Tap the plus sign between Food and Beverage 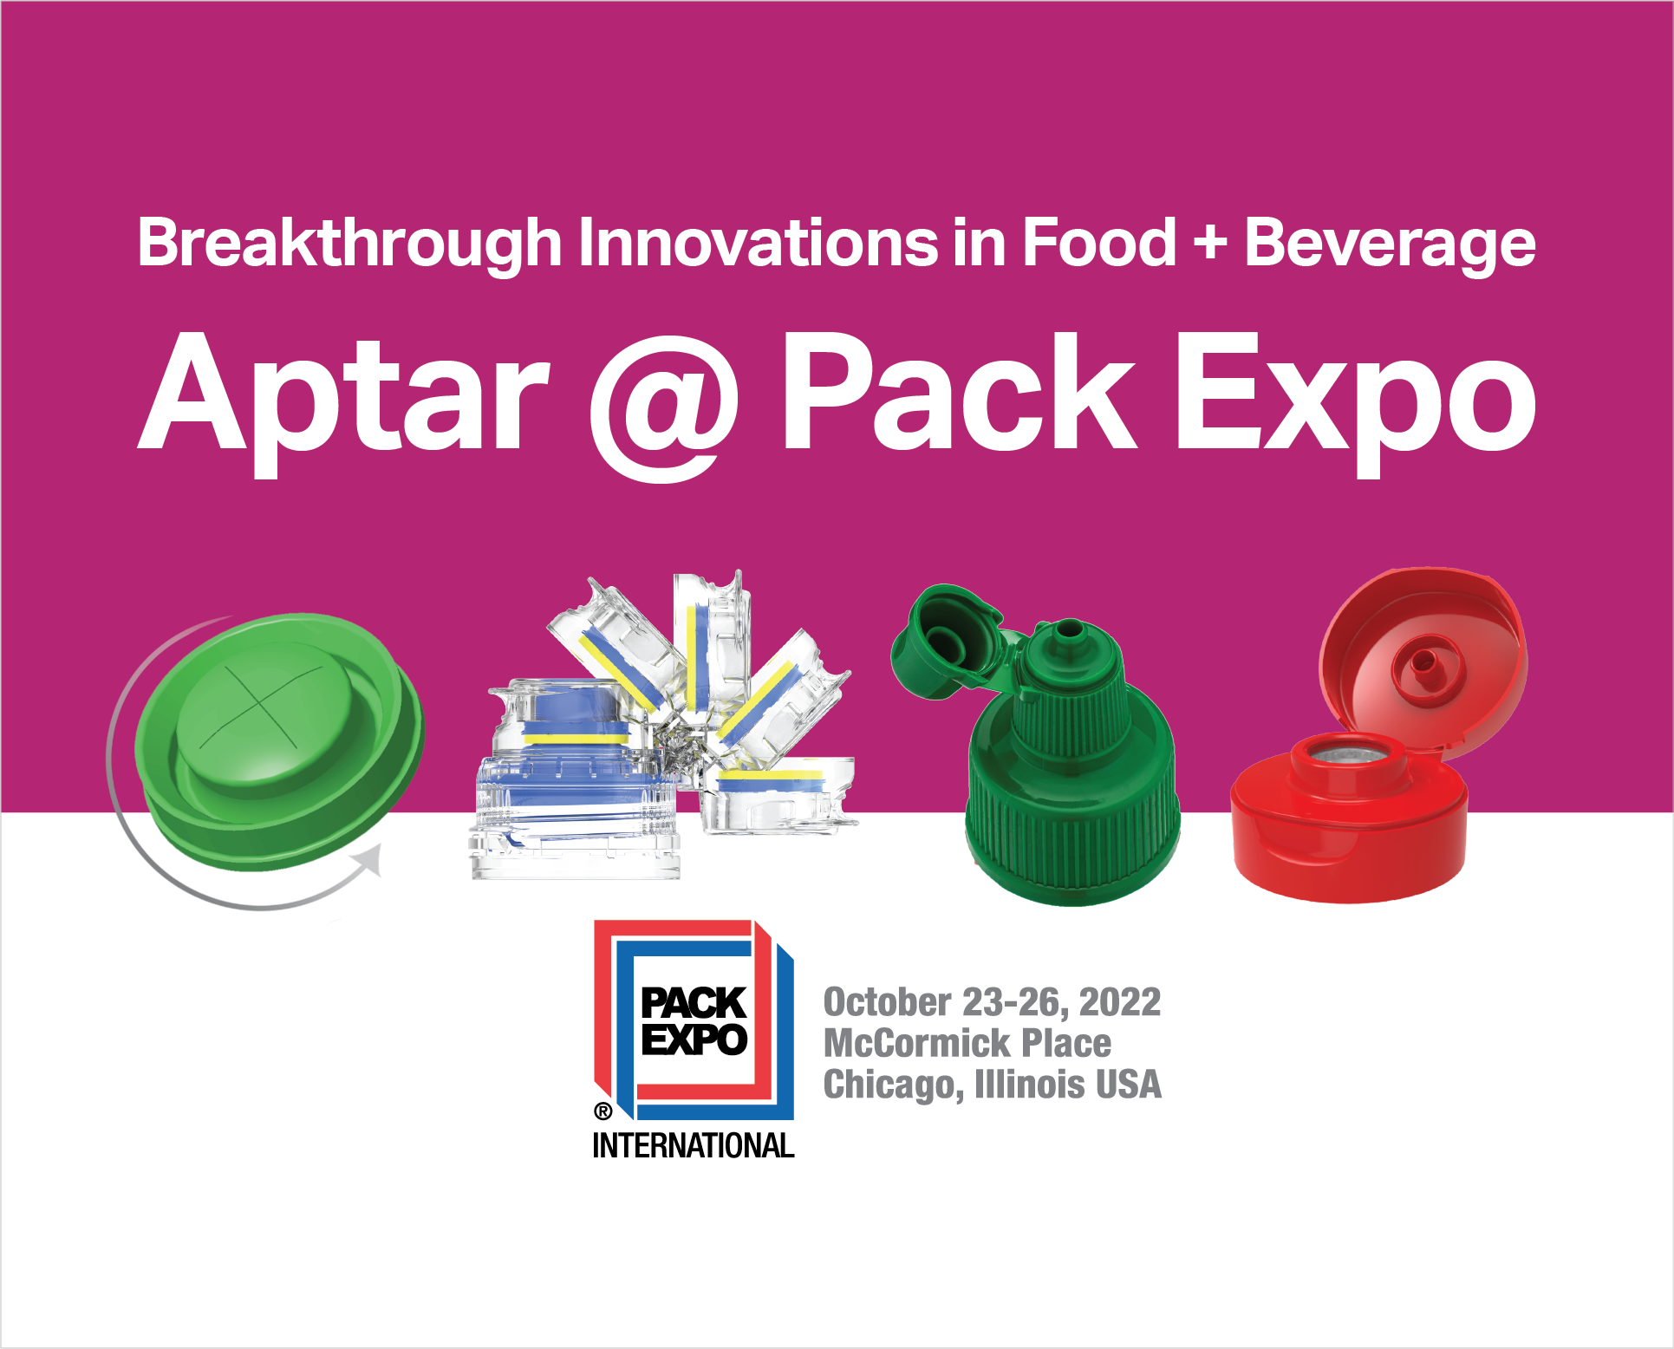tap(1209, 244)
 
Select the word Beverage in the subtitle tap(1390, 244)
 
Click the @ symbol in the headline tap(664, 406)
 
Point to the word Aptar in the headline tap(344, 394)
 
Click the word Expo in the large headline tap(1354, 394)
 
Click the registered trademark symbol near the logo tap(603, 1111)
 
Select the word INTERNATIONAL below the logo tap(693, 1145)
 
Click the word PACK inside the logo tap(694, 1003)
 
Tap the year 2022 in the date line tap(1119, 1002)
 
